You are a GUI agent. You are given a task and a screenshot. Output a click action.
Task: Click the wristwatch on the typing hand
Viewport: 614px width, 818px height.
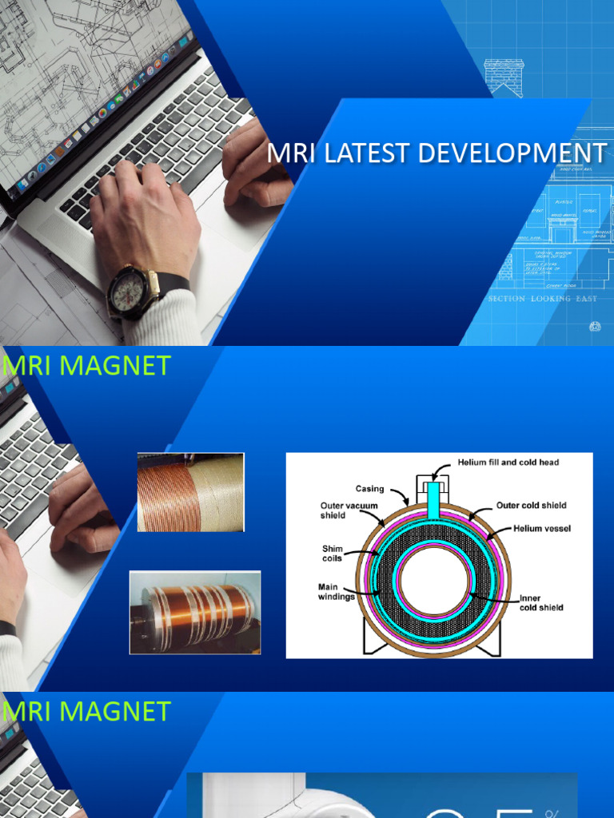coord(129,292)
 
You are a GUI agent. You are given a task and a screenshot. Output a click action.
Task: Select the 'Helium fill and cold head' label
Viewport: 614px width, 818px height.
coord(508,463)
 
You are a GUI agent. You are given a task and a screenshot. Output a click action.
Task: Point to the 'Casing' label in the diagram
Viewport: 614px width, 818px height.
coord(369,489)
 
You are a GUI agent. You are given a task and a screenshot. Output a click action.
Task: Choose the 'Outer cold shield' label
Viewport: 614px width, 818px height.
coord(531,506)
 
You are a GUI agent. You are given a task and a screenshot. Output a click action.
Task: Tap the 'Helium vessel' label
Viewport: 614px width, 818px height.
coord(544,529)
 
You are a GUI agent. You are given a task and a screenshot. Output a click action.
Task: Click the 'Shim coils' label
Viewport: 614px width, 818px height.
coord(332,554)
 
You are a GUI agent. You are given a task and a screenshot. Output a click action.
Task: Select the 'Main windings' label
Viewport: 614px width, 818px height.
coord(336,592)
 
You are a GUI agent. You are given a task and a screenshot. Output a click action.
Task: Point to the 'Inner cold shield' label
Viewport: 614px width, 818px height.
coord(540,602)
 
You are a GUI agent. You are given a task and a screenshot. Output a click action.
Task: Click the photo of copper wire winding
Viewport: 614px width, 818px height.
coord(190,492)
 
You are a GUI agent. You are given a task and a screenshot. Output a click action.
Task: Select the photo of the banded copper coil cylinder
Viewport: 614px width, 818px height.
coord(195,612)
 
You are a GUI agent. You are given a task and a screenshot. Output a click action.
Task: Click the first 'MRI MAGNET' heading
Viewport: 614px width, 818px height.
coord(86,366)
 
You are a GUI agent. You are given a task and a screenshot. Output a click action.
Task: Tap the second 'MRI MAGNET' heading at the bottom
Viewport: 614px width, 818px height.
coord(86,712)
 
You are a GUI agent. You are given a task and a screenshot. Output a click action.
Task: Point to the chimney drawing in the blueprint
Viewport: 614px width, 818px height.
coord(504,77)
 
